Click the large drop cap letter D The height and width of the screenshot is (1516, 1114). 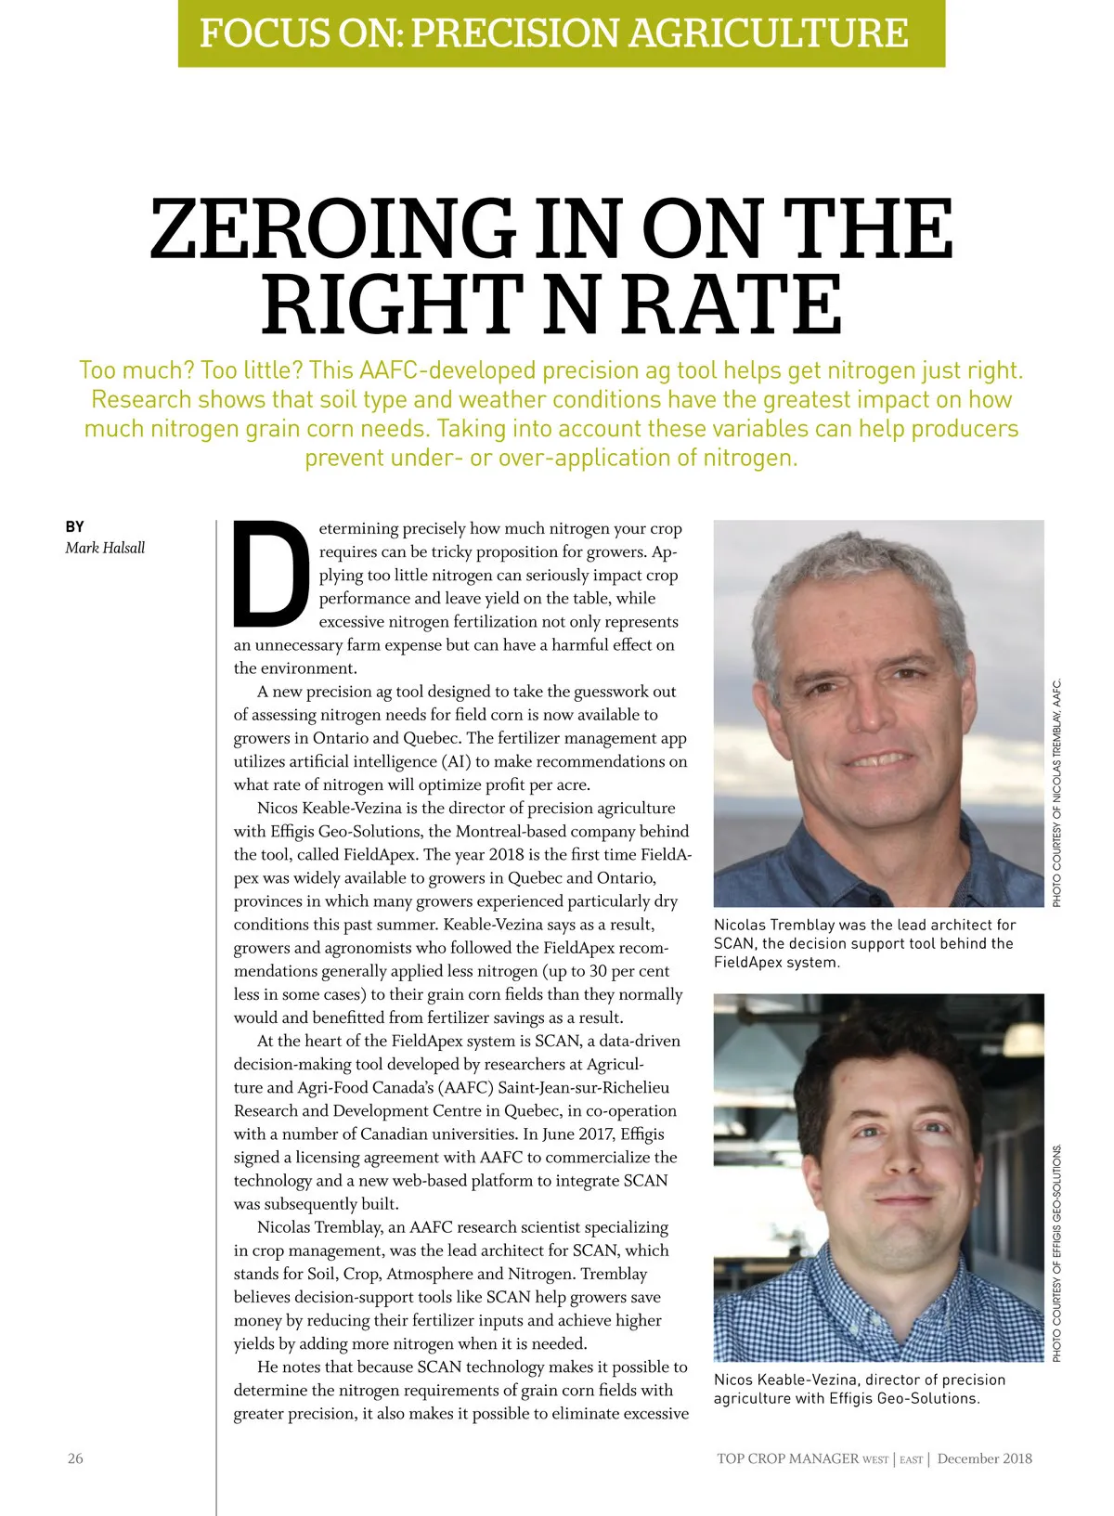coord(271,573)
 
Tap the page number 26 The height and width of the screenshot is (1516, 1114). coord(75,1458)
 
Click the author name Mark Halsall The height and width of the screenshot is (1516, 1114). coord(105,548)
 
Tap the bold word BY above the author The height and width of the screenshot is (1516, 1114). coord(74,526)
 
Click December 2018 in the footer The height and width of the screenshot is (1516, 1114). coord(984,1458)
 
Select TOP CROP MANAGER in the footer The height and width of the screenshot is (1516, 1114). coord(787,1458)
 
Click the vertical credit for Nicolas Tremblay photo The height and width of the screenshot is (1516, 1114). coord(1056,794)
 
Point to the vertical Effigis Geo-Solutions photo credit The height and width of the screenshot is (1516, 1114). coord(1056,1253)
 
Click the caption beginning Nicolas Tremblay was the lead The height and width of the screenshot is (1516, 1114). coord(864,943)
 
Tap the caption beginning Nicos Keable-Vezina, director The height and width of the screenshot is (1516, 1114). coord(859,1389)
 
